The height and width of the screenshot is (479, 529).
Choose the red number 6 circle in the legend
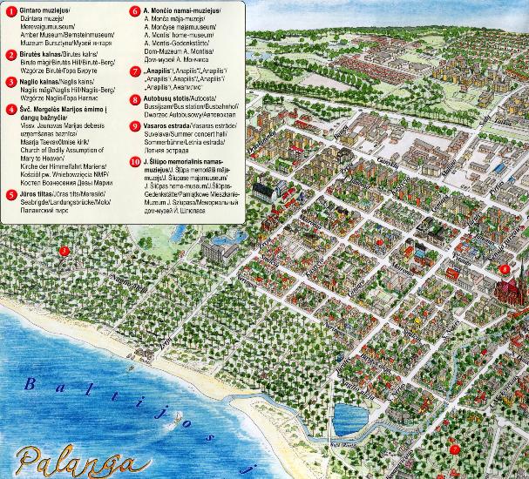point(135,10)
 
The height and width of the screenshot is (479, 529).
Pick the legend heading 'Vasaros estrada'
point(171,125)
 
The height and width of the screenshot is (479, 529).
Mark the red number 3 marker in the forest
point(64,252)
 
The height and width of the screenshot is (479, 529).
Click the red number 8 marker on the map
point(506,269)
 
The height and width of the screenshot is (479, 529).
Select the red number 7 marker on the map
point(453,449)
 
